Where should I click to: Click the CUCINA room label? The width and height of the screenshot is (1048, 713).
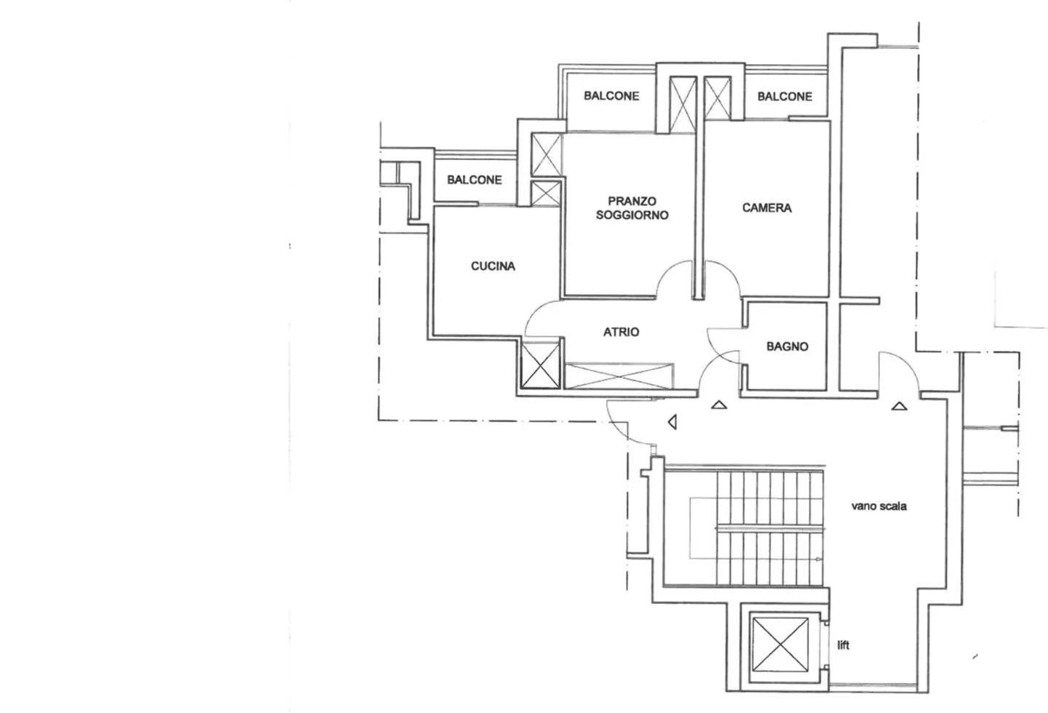pos(493,266)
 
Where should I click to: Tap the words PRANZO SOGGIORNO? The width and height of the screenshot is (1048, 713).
pos(632,208)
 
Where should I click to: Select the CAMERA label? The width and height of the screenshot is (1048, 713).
pos(766,208)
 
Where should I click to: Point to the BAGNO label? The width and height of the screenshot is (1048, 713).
pos(787,347)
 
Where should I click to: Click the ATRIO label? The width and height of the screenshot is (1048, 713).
pos(621,332)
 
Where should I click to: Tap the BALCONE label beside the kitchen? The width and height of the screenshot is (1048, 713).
pos(475,180)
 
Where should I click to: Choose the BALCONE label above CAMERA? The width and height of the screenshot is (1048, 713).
pos(785,96)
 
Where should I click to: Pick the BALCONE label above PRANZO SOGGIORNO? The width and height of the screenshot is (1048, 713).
pos(611,96)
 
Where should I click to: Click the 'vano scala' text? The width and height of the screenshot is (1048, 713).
pos(878,506)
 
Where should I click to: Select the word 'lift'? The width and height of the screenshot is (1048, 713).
pos(843,645)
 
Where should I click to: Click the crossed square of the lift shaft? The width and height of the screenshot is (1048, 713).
pos(780,645)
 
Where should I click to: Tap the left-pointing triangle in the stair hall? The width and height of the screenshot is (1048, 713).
pos(672,421)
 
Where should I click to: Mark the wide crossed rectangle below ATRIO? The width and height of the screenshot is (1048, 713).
pos(619,376)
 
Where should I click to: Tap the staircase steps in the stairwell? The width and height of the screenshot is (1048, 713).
pos(768,527)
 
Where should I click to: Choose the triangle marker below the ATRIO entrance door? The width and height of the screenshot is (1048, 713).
pos(719,405)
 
